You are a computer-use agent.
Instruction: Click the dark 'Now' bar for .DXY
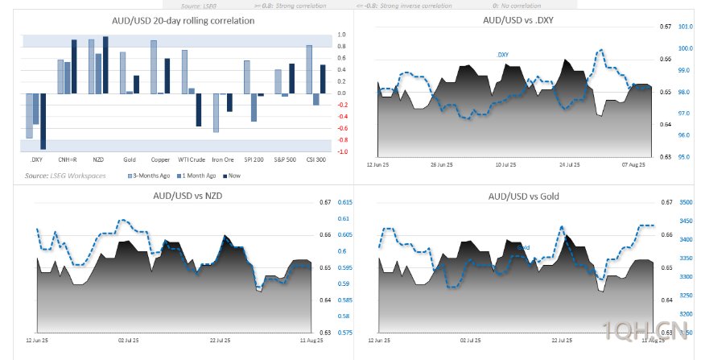click(x=43, y=121)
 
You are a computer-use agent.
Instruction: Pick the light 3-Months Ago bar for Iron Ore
click(x=216, y=113)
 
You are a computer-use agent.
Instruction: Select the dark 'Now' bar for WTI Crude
click(x=199, y=110)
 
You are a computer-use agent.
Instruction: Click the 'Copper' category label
click(x=159, y=159)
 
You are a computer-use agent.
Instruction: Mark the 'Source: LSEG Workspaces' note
click(x=58, y=175)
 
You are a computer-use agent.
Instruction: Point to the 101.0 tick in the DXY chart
click(x=686, y=27)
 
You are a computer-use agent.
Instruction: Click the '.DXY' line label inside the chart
click(x=502, y=55)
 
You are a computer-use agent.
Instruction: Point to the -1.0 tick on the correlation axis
click(x=342, y=151)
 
